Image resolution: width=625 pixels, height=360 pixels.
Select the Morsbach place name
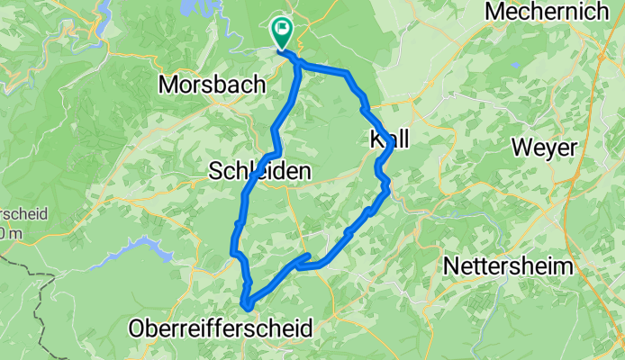pyautogui.click(x=212, y=85)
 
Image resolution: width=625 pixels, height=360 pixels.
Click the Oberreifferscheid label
pyautogui.click(x=222, y=328)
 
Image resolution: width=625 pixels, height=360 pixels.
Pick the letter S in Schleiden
pyautogui.click(x=215, y=170)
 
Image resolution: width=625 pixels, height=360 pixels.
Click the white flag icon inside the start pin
pyautogui.click(x=284, y=30)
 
